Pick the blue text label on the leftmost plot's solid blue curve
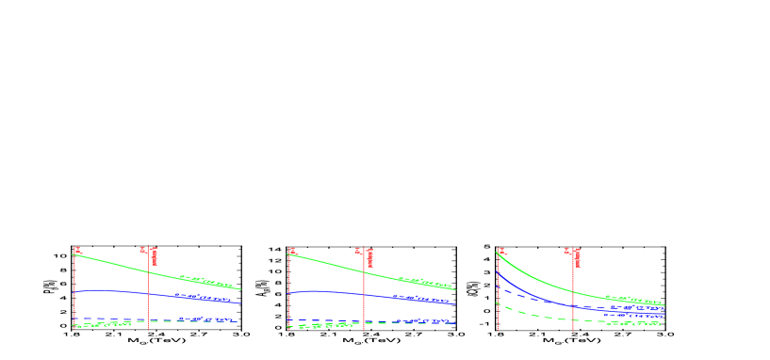click(202, 298)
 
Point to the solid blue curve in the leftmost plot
click(113, 291)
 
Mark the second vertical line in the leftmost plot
click(148, 302)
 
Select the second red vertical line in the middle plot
click(364, 302)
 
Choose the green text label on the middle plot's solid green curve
click(424, 282)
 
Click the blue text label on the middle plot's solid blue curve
click(418, 299)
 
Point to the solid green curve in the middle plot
click(330, 264)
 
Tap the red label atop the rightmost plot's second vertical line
click(573, 254)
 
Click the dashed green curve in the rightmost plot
click(537, 315)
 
